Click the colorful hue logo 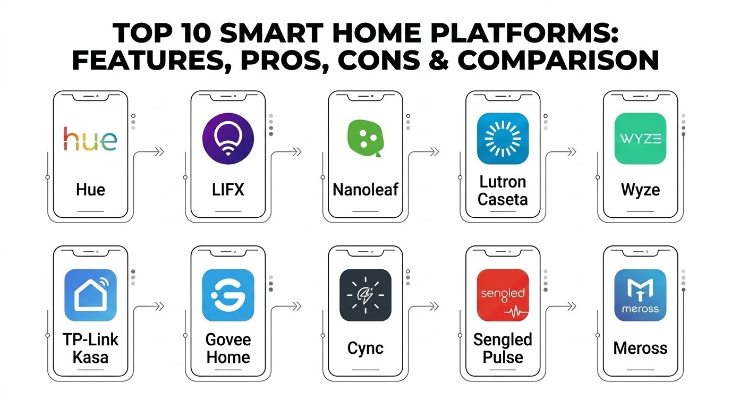coord(90,139)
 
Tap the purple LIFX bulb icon coord(228,139)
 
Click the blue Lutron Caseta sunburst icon coord(503,139)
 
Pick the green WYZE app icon coord(640,139)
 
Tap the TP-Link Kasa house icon coord(90,295)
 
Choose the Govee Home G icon coord(228,295)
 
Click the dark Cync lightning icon coord(365,295)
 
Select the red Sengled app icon coord(503,295)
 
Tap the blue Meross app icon coord(640,295)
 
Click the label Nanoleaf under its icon coord(365,190)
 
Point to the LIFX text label coord(228,190)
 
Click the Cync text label coord(365,348)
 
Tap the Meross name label coord(640,348)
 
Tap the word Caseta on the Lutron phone coord(503,199)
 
